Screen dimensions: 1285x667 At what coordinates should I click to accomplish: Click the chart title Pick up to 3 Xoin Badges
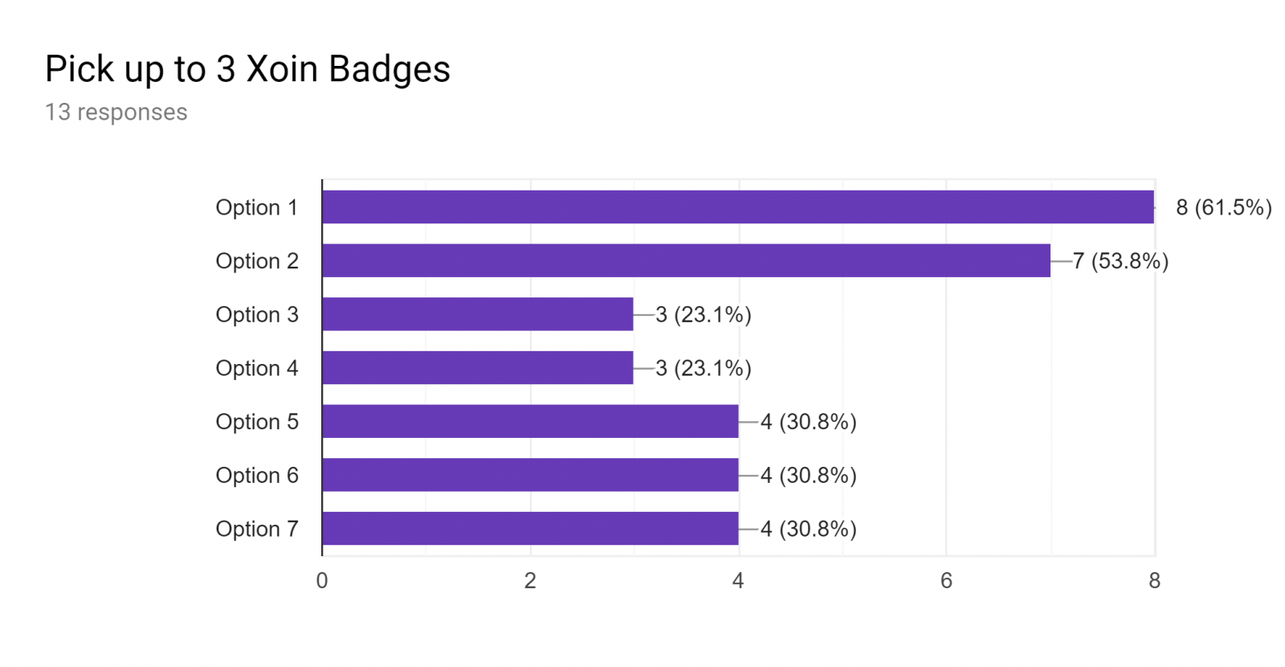pos(247,70)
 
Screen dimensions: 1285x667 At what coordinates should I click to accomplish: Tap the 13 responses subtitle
pos(116,113)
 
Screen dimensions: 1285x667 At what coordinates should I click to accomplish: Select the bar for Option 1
pos(738,207)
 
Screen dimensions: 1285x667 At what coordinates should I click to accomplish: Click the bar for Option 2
pos(686,260)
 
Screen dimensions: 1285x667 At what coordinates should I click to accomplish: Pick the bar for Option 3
pos(478,314)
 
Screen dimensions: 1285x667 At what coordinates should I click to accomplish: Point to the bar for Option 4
pos(478,368)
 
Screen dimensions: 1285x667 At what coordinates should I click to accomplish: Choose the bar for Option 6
pos(530,475)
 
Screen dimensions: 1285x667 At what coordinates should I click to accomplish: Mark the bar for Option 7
pos(530,529)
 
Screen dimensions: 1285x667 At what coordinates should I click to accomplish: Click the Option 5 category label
pos(257,422)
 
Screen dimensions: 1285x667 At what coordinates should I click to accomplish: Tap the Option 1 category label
pos(257,207)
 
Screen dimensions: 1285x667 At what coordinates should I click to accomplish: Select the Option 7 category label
pos(257,529)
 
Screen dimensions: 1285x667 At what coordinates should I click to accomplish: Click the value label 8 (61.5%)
pos(1224,208)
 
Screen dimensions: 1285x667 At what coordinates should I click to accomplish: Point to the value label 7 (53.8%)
pos(1120,261)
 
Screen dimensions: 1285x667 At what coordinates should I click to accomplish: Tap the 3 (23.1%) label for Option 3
pos(704,314)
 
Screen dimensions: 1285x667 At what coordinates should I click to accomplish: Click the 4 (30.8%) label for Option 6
pos(808,475)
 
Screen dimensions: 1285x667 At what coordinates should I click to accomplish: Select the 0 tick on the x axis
pos(322,581)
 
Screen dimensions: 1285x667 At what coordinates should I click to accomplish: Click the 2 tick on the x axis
pos(530,581)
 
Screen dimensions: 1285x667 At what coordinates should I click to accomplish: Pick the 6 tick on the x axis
pos(947,581)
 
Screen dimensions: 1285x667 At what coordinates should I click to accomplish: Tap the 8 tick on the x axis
pos(1155,581)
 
